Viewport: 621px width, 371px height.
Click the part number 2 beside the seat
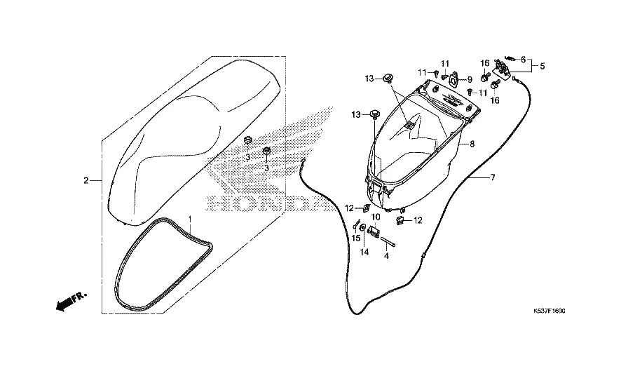(86, 181)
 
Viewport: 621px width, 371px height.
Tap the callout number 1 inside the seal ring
(190, 220)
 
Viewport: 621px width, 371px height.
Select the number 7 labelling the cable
(492, 177)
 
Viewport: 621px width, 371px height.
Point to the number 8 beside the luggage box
(472, 144)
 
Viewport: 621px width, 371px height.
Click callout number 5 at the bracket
(541, 67)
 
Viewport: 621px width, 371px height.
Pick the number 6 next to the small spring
(523, 60)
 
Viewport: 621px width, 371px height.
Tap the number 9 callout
(470, 79)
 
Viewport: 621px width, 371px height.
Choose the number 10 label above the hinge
(375, 217)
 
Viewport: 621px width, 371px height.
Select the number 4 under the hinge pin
(385, 256)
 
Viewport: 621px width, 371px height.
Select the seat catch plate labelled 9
(454, 79)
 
